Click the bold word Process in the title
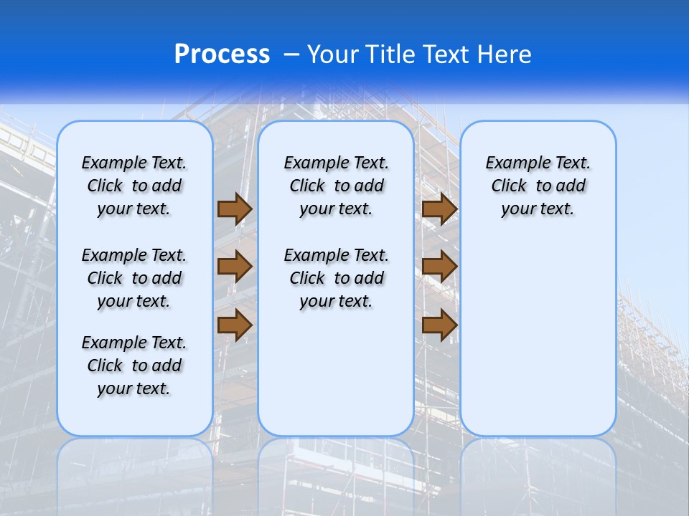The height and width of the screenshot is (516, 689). (222, 54)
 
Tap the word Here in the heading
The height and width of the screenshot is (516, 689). (505, 54)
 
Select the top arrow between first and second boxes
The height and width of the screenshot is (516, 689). (235, 209)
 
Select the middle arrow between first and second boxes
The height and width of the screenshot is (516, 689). (235, 267)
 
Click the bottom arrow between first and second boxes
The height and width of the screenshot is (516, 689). (235, 325)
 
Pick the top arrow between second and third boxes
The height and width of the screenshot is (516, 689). (439, 209)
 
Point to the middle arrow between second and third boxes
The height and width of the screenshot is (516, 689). (439, 267)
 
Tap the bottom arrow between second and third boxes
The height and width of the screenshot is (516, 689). (439, 325)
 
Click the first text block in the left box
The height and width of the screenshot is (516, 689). (134, 186)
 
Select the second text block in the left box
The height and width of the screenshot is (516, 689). (134, 278)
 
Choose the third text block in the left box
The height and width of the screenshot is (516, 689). (134, 365)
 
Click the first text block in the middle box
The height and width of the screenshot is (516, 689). (336, 186)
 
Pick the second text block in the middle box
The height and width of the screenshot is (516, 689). (336, 278)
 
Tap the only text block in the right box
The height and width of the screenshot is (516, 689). (538, 186)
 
